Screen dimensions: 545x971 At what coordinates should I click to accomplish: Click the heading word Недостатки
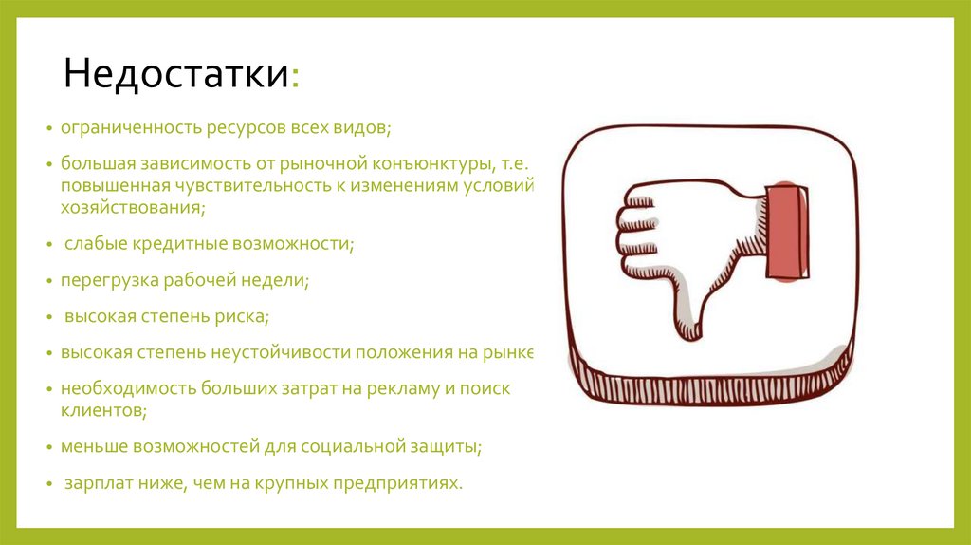(176, 75)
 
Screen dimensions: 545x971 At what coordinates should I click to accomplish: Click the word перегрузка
(106, 280)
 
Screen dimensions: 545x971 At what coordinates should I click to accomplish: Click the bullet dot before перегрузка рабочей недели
(51, 281)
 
